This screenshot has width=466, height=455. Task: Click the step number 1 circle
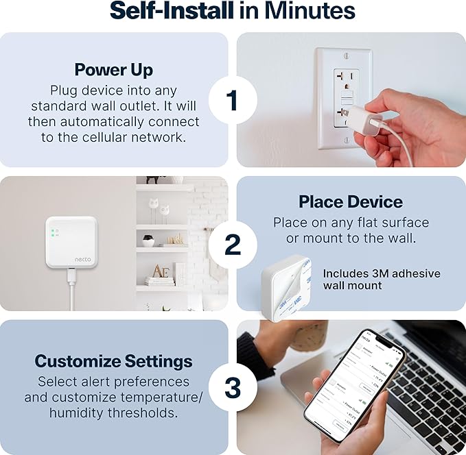coord(233,100)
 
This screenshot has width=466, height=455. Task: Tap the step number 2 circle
coord(233,244)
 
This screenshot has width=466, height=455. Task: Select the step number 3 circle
coord(233,387)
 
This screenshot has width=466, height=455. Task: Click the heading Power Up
coord(114,70)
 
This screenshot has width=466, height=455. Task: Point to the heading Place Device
coord(351,201)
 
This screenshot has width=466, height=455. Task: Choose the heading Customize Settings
coord(114,361)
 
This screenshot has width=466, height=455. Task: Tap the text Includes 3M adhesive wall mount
coord(382,279)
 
